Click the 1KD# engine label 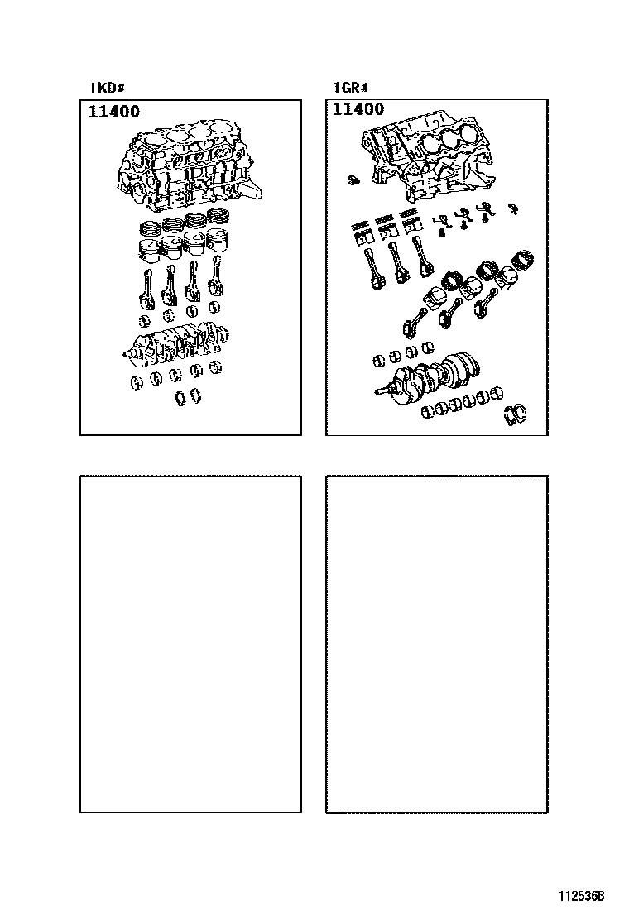click(107, 88)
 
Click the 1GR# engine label click(351, 88)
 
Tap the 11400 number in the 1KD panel click(114, 112)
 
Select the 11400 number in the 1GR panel click(358, 109)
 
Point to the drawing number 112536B click(581, 896)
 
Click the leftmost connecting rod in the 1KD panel click(146, 289)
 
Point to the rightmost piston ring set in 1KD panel click(218, 215)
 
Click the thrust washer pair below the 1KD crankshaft click(189, 396)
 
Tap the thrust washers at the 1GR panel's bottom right click(515, 414)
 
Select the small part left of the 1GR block click(352, 179)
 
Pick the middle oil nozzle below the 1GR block click(463, 217)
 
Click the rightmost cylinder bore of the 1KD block click(220, 128)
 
